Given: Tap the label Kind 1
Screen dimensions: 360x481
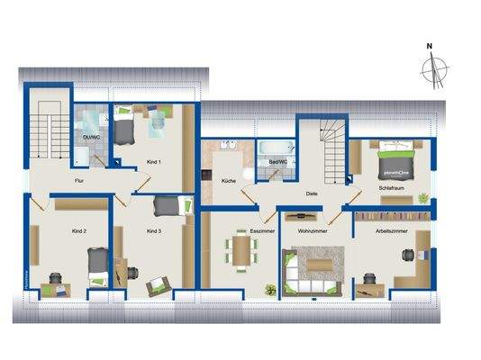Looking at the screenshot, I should click(x=153, y=162).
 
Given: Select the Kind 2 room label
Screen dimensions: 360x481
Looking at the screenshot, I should click(x=79, y=230).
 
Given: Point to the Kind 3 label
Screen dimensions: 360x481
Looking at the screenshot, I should click(x=153, y=231).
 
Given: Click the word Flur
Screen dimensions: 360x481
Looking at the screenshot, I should click(x=80, y=181).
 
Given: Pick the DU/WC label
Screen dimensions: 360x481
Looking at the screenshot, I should click(x=90, y=137).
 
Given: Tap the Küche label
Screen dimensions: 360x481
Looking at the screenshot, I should click(x=228, y=182).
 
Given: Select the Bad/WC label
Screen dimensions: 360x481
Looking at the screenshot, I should click(x=277, y=162).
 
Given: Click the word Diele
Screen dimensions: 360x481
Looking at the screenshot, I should click(x=311, y=192).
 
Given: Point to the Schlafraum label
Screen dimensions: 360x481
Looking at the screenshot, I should click(x=390, y=187).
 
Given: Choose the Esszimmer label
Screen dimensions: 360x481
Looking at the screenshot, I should click(x=261, y=231).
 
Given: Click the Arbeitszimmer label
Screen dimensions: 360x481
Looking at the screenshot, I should click(x=387, y=231).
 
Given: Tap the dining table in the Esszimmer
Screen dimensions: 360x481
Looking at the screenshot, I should click(x=241, y=249).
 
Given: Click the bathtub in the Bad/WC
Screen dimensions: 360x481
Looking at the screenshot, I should click(x=275, y=148).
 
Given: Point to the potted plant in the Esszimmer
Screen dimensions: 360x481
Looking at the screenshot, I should click(x=269, y=289).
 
